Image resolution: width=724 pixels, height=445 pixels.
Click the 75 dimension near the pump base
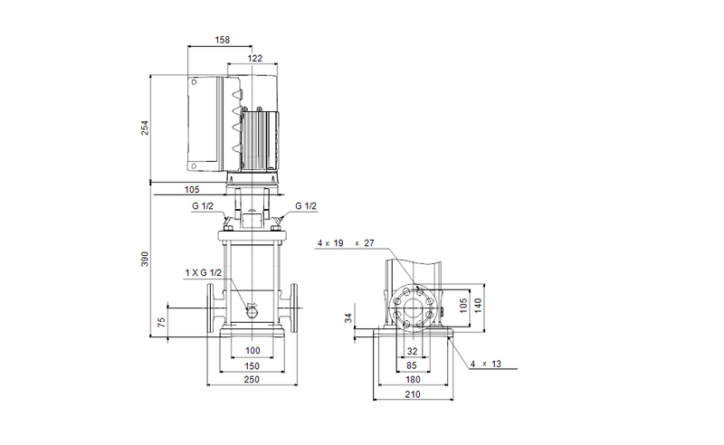click(x=162, y=323)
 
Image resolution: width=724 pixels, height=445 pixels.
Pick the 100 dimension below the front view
click(x=252, y=350)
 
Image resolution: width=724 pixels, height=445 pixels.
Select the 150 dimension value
click(x=252, y=365)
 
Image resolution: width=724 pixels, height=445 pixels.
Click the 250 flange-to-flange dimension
click(x=252, y=380)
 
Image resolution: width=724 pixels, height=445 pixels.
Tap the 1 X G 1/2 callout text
click(x=204, y=272)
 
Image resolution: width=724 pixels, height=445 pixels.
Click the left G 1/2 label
click(x=203, y=206)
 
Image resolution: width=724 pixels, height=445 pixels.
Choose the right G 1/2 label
click(x=305, y=206)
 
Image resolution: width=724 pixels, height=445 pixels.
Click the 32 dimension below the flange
click(x=413, y=350)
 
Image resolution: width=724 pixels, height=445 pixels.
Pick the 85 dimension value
click(x=413, y=365)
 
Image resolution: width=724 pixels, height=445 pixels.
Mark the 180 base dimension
click(x=413, y=380)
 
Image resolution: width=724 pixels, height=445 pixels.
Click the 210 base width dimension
click(x=413, y=394)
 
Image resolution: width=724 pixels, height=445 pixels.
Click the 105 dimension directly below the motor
click(x=191, y=190)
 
